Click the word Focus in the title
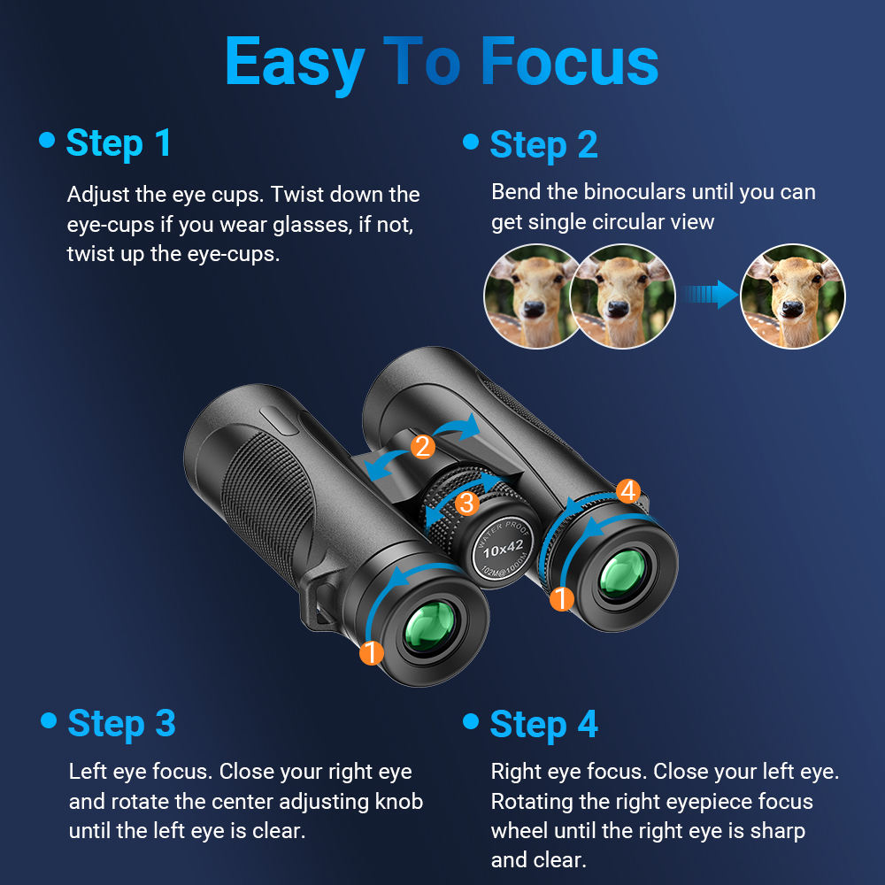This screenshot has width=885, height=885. tap(569, 62)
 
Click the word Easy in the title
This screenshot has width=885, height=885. tap(295, 62)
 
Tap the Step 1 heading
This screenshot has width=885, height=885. tap(119, 143)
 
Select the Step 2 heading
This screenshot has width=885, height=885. tap(543, 145)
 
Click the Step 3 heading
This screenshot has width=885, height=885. tap(121, 723)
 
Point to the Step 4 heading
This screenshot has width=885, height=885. tap(543, 724)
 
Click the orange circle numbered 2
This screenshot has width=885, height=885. tap(423, 447)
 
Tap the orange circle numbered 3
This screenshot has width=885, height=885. tap(466, 504)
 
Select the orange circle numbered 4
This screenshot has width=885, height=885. tap(627, 491)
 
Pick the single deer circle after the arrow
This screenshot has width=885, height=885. tap(792, 296)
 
